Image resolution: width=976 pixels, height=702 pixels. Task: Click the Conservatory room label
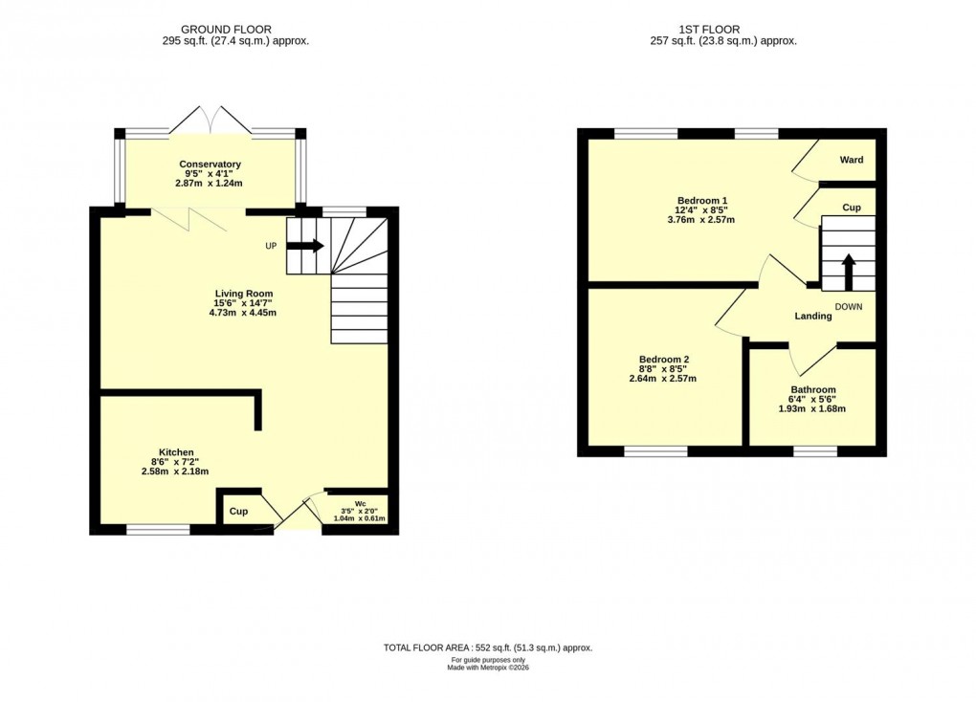(x=210, y=165)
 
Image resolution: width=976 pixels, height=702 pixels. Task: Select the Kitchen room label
(x=176, y=452)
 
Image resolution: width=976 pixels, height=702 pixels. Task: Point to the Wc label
(x=360, y=502)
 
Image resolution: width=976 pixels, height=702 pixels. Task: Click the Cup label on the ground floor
(x=238, y=512)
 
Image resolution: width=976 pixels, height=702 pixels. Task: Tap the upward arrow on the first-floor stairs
(x=848, y=272)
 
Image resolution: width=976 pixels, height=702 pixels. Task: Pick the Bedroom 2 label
(x=664, y=360)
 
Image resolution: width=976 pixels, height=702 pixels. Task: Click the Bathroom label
(x=812, y=390)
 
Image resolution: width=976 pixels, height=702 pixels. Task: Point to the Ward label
(x=852, y=160)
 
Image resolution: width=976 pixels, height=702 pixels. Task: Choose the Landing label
(x=811, y=317)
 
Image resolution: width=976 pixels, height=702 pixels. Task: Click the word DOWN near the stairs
(x=849, y=306)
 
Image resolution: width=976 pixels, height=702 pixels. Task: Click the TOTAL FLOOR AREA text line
(x=488, y=647)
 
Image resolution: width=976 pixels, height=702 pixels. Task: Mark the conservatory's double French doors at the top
(x=210, y=120)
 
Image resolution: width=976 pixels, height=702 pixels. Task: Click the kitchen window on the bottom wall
(x=158, y=529)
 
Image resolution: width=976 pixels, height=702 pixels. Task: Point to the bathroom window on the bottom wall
(x=815, y=450)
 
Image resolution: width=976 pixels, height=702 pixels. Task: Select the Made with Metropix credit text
(x=488, y=668)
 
